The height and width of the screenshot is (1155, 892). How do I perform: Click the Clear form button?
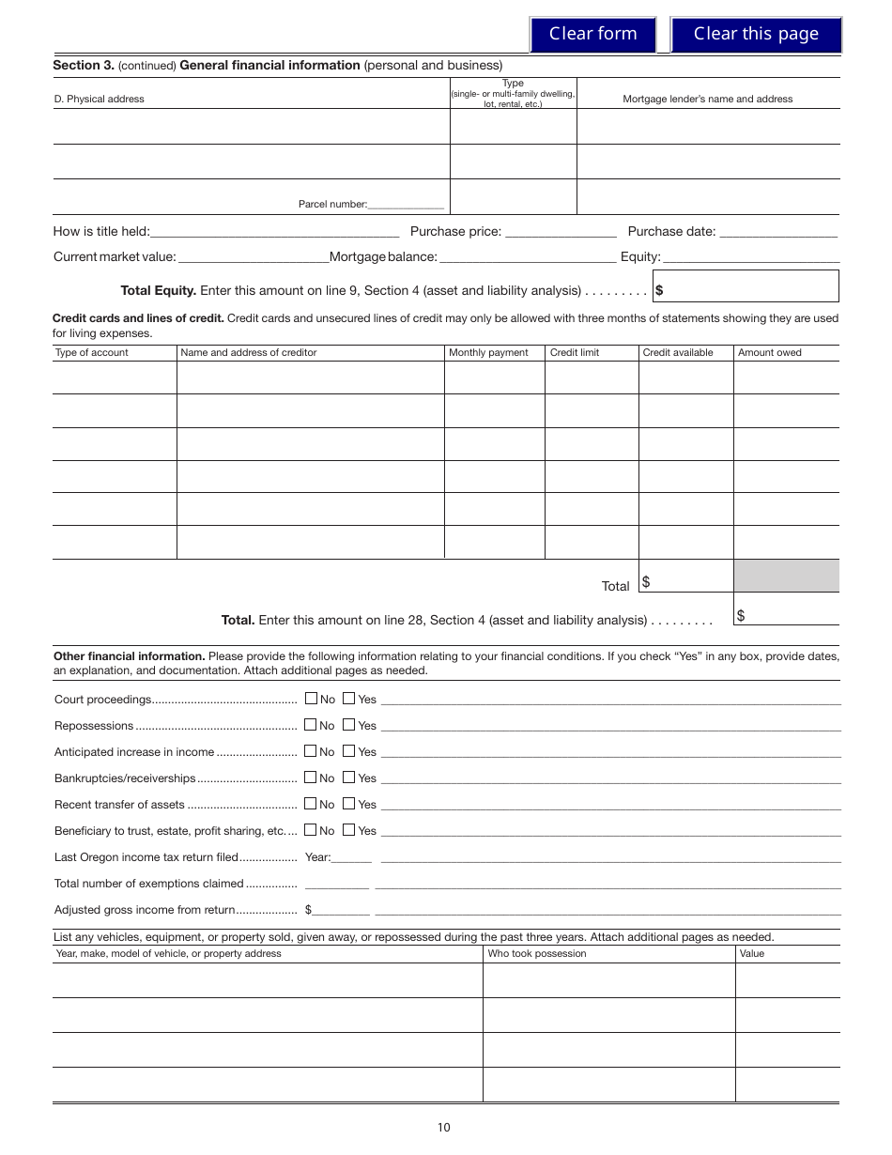(592, 34)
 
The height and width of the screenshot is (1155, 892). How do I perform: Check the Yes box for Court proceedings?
(348, 699)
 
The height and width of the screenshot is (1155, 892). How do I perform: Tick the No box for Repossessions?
(311, 725)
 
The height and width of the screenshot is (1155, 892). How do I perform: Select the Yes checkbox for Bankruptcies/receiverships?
(348, 778)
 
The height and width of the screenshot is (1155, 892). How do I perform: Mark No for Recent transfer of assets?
(311, 804)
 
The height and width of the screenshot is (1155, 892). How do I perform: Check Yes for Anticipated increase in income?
(348, 751)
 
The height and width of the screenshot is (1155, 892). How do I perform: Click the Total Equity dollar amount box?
(746, 286)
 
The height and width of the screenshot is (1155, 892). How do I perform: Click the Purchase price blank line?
(561, 232)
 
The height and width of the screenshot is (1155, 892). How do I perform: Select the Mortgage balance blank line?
(527, 257)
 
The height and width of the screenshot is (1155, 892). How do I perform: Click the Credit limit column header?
(575, 352)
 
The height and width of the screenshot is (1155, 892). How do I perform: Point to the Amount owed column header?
(769, 352)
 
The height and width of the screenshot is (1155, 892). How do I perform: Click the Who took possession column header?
(537, 953)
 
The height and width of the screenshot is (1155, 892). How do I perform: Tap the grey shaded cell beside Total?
(786, 576)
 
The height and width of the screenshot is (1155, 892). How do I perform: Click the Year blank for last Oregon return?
(352, 857)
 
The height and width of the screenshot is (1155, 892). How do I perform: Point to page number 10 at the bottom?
(443, 1128)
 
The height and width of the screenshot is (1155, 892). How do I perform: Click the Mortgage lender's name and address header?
(708, 99)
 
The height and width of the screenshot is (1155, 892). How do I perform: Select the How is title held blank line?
(274, 232)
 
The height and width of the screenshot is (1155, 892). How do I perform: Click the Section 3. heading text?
(84, 65)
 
